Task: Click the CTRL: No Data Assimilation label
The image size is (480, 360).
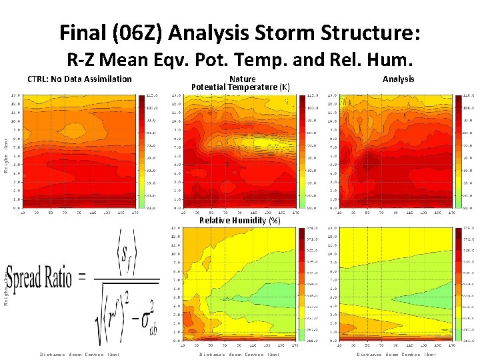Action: [x=79, y=79]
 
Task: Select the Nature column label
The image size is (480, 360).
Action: [x=241, y=79]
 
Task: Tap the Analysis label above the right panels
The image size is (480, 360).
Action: [x=398, y=79]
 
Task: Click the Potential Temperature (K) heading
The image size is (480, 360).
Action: [x=240, y=87]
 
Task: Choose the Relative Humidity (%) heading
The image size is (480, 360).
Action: [x=240, y=221]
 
